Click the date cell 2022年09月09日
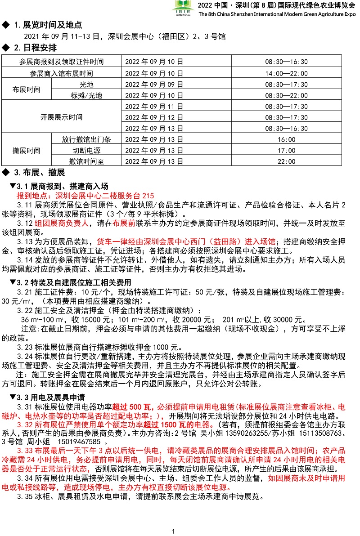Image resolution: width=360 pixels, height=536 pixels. point(154,85)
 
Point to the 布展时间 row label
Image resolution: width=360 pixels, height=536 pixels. point(26,90)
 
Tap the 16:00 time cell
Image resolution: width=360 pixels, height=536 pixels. point(286,139)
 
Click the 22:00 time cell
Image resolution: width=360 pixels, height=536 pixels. point(286,161)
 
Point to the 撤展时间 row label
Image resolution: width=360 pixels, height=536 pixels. point(26,151)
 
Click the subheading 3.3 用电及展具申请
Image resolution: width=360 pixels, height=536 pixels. point(51,398)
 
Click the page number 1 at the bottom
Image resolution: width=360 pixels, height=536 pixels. point(173,532)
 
